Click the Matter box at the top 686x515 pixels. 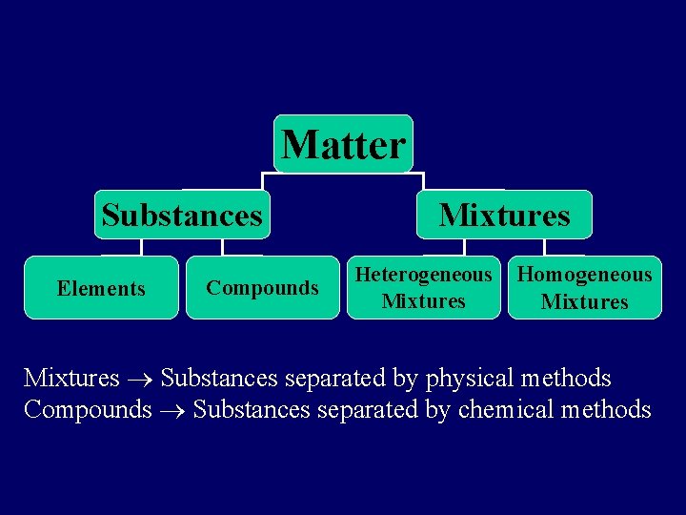[343, 145]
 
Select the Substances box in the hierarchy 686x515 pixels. [181, 215]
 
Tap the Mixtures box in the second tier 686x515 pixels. [504, 215]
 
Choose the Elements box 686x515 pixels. [101, 288]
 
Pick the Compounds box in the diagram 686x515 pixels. [262, 288]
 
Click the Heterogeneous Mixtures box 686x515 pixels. [423, 288]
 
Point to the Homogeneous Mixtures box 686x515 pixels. [584, 288]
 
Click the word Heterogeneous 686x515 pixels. [423, 276]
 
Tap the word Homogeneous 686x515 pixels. [584, 276]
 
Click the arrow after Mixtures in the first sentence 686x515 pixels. [140, 380]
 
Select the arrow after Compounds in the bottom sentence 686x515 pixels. [172, 411]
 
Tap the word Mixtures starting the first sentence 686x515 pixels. [71, 379]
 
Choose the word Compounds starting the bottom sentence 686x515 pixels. [88, 410]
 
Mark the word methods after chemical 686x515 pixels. [606, 410]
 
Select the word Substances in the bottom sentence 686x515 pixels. [252, 410]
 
